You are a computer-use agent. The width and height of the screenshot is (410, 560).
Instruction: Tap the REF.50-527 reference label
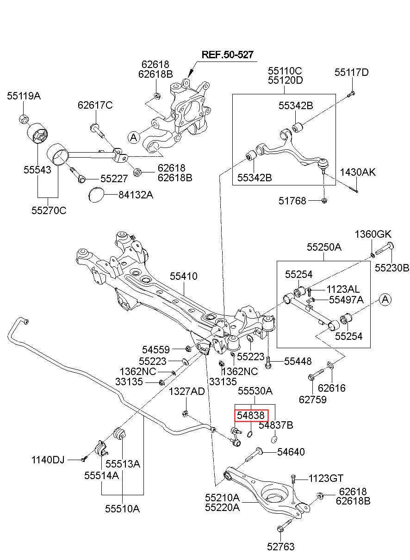(227, 55)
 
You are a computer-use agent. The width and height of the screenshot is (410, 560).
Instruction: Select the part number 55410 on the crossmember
(183, 276)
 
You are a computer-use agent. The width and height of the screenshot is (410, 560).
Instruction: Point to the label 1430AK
(358, 172)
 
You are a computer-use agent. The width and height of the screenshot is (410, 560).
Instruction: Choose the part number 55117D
(352, 72)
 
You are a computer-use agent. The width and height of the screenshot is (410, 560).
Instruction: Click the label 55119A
(24, 96)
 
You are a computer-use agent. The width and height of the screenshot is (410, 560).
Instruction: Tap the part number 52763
(280, 547)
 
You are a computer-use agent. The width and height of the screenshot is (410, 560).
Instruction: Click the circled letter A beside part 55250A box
(385, 300)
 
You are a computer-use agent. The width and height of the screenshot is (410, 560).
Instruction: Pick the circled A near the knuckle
(133, 137)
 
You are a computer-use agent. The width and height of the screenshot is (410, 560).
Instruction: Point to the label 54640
(291, 452)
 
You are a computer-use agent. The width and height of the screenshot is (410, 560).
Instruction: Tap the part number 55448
(298, 361)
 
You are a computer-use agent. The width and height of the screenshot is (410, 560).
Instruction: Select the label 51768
(292, 201)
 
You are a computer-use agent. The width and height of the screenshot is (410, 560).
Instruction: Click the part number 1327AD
(186, 392)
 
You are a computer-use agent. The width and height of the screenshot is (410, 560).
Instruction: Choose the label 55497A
(346, 300)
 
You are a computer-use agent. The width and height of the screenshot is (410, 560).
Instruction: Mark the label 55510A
(122, 509)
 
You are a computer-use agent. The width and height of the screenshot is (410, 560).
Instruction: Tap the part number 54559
(156, 350)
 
